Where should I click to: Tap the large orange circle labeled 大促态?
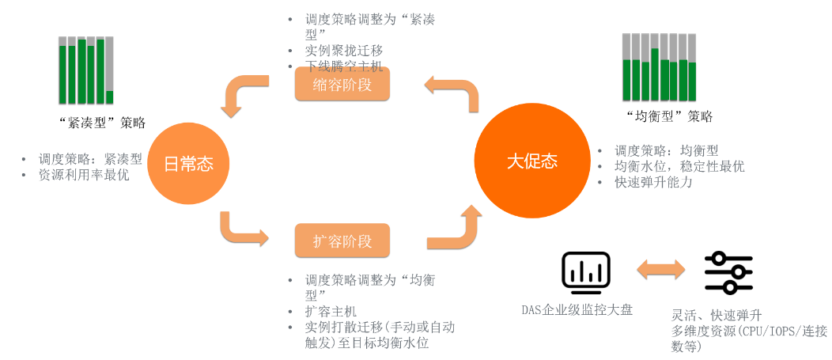(531, 161)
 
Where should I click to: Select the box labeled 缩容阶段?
(342, 84)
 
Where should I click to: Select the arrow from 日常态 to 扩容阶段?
(241, 230)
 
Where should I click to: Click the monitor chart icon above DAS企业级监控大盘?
(585, 271)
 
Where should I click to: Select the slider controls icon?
(728, 272)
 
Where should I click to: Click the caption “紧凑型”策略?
(102, 123)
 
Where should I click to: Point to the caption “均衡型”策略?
(668, 116)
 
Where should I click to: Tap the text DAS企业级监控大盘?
(577, 310)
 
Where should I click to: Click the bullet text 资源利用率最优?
(84, 176)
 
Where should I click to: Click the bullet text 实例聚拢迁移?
(344, 51)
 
